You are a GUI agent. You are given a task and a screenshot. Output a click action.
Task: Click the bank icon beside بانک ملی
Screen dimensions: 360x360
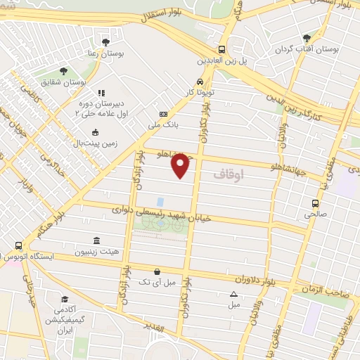(164, 114)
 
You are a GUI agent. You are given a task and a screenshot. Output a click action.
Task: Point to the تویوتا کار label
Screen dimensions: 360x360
(199, 91)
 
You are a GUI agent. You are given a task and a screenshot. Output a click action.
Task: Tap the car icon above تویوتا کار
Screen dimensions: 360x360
(200, 81)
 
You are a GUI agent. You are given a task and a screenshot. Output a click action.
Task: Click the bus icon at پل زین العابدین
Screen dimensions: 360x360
(222, 49)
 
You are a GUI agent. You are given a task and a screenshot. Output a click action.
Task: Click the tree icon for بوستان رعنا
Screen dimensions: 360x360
(105, 42)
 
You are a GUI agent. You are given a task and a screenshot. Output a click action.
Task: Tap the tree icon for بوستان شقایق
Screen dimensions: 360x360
(64, 71)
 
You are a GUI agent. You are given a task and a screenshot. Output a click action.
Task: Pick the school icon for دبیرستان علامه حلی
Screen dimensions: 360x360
(101, 93)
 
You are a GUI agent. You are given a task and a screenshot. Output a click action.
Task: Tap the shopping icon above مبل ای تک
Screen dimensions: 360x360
(156, 271)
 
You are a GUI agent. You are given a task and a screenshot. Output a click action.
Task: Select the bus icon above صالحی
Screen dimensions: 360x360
(314, 204)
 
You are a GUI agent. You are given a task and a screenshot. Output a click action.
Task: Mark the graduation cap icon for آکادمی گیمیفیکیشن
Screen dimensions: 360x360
(64, 300)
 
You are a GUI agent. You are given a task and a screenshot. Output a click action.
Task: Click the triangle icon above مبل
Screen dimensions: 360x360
(233, 294)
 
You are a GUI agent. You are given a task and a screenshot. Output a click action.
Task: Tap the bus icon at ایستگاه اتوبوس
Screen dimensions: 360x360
(18, 246)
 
